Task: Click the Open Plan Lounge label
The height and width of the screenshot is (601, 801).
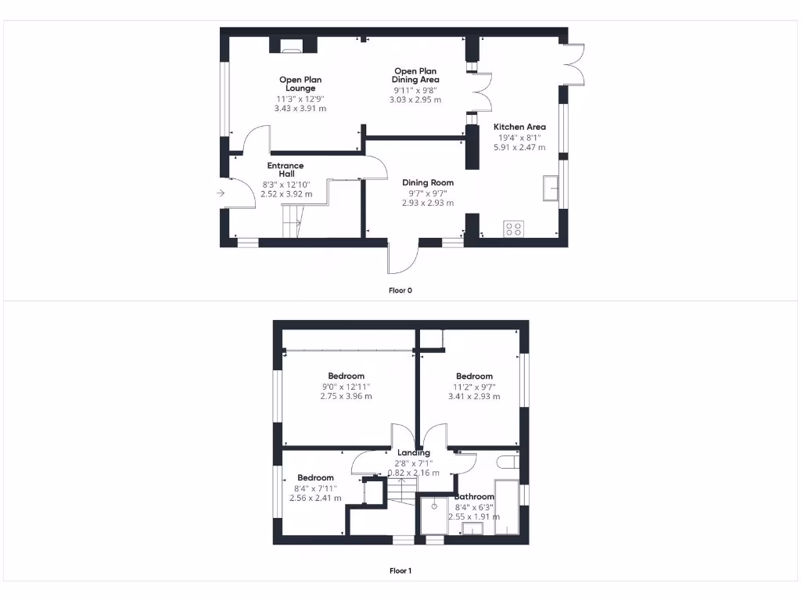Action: click(x=300, y=84)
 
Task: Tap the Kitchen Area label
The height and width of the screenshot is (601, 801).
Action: click(x=519, y=127)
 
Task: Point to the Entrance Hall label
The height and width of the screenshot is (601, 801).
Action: click(x=286, y=170)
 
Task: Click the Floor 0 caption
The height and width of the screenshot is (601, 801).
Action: click(x=400, y=290)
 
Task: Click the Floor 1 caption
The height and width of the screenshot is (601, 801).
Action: click(x=400, y=570)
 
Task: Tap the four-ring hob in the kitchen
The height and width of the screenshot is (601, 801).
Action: click(x=514, y=229)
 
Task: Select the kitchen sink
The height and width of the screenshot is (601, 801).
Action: click(x=551, y=189)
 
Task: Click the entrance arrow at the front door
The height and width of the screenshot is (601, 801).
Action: click(x=221, y=193)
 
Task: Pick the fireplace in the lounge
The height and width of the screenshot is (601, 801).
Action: click(x=293, y=49)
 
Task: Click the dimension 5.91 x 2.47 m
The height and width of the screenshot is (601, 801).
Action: click(x=519, y=147)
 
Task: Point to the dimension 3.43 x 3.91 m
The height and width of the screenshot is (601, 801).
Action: click(x=300, y=108)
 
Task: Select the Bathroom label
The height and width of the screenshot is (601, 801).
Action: click(x=474, y=497)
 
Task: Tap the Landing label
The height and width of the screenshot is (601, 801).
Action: click(x=414, y=453)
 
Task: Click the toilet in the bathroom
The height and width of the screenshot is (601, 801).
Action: click(x=507, y=462)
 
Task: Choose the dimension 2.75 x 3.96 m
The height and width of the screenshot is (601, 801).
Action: click(x=346, y=396)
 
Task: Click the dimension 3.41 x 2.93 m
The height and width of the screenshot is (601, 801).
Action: click(x=474, y=396)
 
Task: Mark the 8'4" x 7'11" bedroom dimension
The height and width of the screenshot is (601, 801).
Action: click(x=315, y=488)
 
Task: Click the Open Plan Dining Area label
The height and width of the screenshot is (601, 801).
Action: click(x=415, y=75)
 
